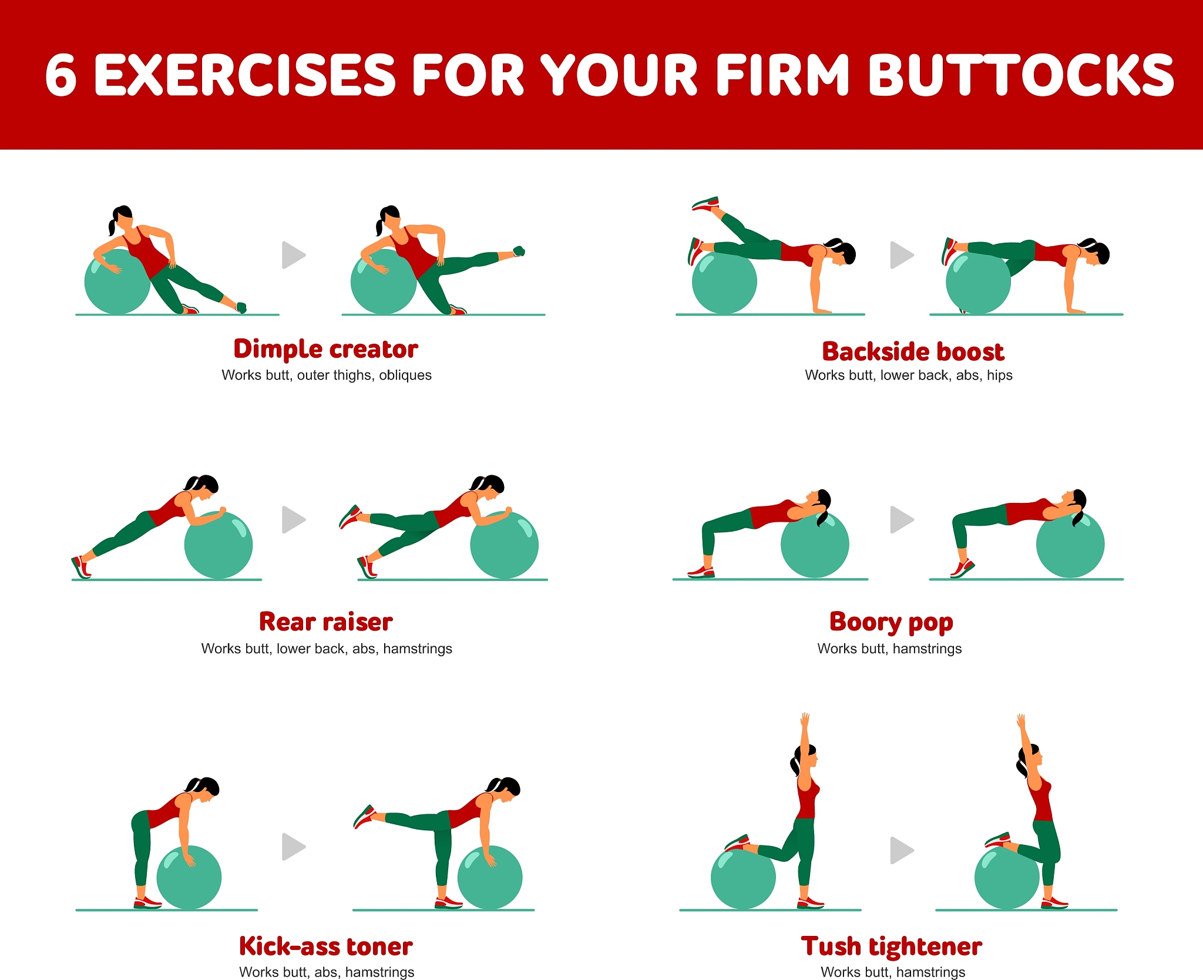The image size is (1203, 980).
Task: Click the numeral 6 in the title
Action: click(61, 75)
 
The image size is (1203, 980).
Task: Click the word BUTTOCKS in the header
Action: click(1021, 75)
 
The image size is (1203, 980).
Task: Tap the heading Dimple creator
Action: click(326, 350)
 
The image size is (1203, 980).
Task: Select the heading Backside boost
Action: click(913, 351)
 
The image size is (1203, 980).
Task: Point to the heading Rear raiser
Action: click(326, 622)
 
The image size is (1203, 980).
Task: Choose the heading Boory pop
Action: click(891, 623)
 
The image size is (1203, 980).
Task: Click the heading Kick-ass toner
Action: click(326, 947)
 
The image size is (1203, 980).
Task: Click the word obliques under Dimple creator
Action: click(405, 375)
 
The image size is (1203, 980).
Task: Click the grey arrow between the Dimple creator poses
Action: click(294, 255)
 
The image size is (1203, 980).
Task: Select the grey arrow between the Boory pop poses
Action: click(902, 519)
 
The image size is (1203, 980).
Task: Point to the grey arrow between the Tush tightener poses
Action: click(902, 850)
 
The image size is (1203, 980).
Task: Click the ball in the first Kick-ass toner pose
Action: click(189, 877)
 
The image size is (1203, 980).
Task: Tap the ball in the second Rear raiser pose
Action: click(504, 545)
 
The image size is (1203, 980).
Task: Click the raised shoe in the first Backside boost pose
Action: click(705, 203)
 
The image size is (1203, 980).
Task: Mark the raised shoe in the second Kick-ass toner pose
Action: click(365, 816)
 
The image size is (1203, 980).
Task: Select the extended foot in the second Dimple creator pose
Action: click(519, 251)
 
